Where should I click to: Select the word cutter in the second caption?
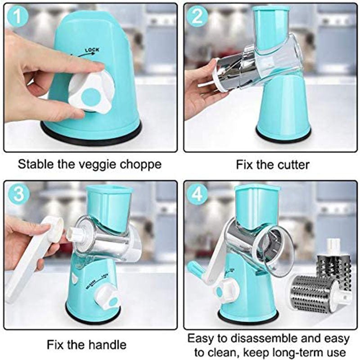tap(293, 165)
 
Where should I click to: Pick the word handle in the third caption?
tap(108, 345)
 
